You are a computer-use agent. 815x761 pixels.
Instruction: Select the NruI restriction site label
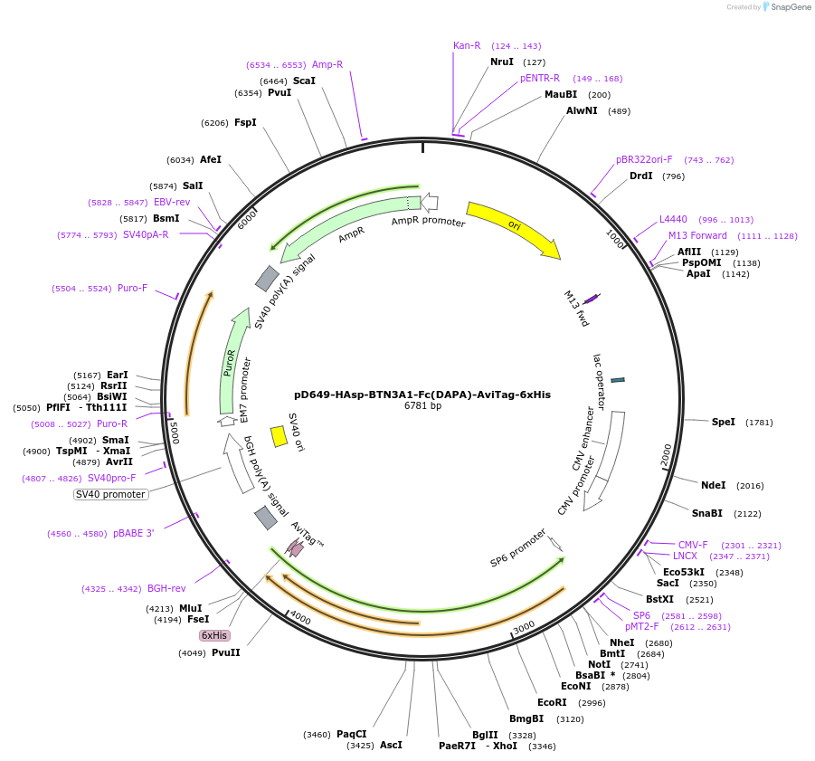pos(501,62)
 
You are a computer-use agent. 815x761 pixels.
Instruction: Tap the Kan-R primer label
pos(467,45)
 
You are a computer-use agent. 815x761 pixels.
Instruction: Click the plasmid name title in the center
pos(422,395)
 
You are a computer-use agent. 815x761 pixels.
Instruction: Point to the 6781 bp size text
pos(422,406)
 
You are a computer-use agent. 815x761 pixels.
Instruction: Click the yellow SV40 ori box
pos(280,436)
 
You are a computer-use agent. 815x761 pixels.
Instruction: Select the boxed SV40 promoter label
pos(110,494)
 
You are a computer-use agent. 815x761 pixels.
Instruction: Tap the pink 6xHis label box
pos(214,635)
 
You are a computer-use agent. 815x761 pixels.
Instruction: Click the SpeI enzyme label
pos(723,422)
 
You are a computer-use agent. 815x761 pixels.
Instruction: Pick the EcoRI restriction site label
pos(552,702)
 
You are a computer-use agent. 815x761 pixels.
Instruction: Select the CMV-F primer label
pos(693,545)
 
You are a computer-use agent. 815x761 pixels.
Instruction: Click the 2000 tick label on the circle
pos(667,454)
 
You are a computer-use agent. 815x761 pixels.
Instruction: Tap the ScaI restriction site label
pos(304,81)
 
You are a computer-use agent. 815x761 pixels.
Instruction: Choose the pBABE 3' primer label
pos(133,533)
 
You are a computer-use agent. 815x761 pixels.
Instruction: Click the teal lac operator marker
pos(618,380)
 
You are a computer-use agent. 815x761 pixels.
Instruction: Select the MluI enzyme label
pos(191,608)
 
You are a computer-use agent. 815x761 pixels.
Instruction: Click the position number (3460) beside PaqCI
pos(317,735)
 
